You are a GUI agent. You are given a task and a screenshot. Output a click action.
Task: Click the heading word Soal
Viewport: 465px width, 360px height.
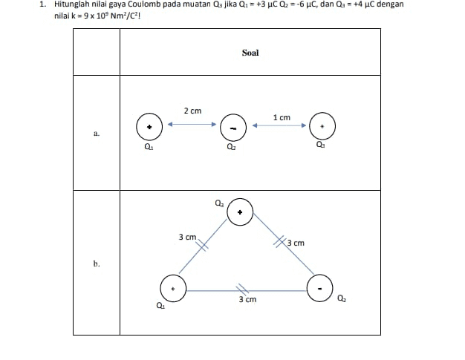(x=250, y=53)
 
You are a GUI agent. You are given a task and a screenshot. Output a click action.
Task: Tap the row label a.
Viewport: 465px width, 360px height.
(x=97, y=134)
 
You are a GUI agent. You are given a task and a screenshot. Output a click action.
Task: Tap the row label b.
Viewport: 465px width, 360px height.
(x=97, y=264)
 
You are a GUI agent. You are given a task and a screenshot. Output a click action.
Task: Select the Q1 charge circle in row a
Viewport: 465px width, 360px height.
(x=149, y=127)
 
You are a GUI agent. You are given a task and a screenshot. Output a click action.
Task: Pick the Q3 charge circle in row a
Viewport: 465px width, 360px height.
(x=322, y=126)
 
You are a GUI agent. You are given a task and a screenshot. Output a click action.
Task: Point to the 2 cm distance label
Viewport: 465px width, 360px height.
(x=192, y=111)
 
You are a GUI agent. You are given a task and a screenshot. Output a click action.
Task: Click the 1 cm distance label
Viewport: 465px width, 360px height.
(x=282, y=117)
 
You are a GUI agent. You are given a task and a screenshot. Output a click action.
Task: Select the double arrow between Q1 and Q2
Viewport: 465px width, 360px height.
(x=191, y=125)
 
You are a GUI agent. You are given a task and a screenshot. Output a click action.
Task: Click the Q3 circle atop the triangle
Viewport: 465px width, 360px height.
(x=239, y=212)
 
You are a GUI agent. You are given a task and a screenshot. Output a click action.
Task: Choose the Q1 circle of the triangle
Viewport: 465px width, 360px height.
(x=173, y=287)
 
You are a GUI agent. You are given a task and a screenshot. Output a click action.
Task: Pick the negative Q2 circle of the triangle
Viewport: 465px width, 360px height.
(x=320, y=287)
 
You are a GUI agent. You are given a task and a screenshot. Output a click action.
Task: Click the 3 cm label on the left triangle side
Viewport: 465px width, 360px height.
(x=187, y=238)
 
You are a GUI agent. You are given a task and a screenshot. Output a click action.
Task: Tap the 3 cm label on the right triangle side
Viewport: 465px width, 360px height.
(x=296, y=243)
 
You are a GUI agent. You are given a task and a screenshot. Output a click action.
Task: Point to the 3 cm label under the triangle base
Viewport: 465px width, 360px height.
(x=247, y=300)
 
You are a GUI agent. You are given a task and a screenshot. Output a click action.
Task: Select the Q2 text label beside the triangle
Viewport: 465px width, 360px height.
(x=342, y=299)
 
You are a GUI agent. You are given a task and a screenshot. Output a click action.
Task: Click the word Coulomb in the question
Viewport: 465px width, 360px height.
(x=133, y=4)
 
